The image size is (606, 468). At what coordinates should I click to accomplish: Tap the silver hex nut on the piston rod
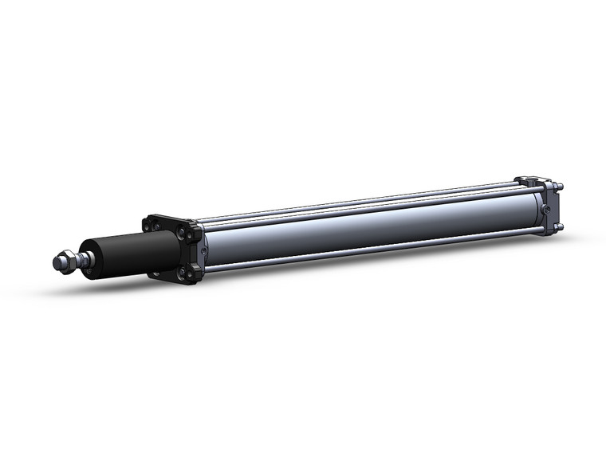point(69,260)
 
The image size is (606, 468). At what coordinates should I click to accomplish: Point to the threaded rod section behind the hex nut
point(82,258)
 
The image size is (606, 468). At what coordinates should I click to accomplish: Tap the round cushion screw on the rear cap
point(545,209)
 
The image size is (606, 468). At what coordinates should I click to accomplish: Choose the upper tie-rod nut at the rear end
point(561,188)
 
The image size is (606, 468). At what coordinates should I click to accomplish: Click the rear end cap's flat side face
point(553,209)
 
